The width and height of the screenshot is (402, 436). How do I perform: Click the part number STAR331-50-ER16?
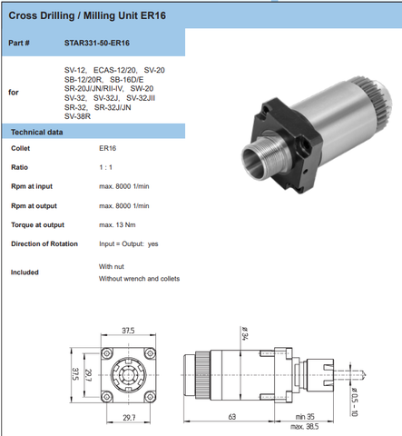tap(97, 43)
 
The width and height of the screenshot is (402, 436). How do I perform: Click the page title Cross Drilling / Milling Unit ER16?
tap(87, 15)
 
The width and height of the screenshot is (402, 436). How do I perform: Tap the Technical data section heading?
tap(37, 133)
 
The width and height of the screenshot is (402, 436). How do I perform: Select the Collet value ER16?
tap(108, 148)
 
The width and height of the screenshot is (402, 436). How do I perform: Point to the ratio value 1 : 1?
tap(106, 167)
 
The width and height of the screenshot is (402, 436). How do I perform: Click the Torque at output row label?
tap(38, 225)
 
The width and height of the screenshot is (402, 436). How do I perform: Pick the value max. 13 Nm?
tap(117, 225)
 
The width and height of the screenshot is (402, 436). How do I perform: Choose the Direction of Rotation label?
tap(44, 244)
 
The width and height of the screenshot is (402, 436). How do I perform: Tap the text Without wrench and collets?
tap(139, 279)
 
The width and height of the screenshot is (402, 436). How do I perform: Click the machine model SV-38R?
tap(77, 116)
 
